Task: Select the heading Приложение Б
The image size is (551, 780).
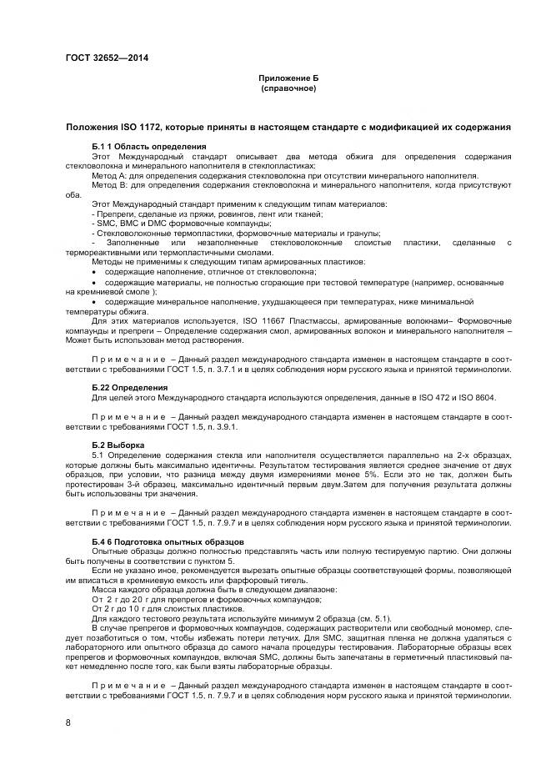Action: [x=288, y=78]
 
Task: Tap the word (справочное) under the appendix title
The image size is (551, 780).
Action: [x=288, y=88]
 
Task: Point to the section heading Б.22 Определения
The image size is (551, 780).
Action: [x=129, y=387]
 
